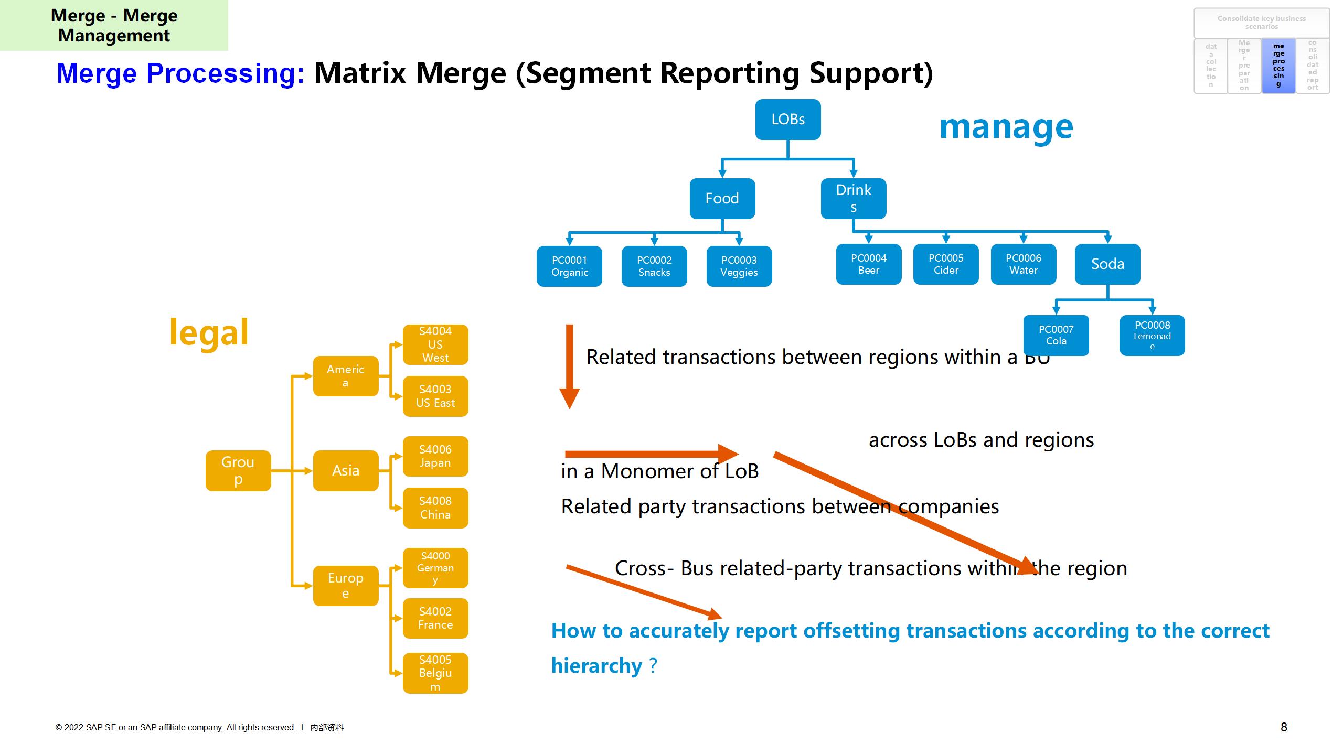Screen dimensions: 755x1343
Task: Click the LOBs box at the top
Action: click(787, 120)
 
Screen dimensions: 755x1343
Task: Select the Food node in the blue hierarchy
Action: click(722, 198)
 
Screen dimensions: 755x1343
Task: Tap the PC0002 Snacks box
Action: click(654, 266)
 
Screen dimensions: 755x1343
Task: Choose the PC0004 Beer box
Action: click(868, 264)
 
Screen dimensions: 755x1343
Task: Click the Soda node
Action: click(1107, 264)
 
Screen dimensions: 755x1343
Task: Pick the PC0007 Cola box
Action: click(1056, 336)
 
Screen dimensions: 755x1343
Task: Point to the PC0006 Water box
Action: click(1023, 264)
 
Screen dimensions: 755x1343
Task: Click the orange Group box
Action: click(238, 471)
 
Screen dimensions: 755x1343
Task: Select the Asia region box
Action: click(346, 471)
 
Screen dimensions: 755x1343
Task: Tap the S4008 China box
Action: click(435, 508)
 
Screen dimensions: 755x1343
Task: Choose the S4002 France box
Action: click(435, 618)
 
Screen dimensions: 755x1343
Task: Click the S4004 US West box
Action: click(435, 344)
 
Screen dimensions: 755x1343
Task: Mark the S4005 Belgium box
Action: click(435, 673)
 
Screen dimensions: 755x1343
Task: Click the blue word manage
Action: click(1006, 127)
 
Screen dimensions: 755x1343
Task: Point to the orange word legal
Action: click(209, 332)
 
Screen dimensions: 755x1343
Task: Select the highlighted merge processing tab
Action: click(1278, 66)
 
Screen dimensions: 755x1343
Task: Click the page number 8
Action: click(1284, 727)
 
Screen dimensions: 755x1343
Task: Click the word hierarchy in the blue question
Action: click(596, 666)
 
